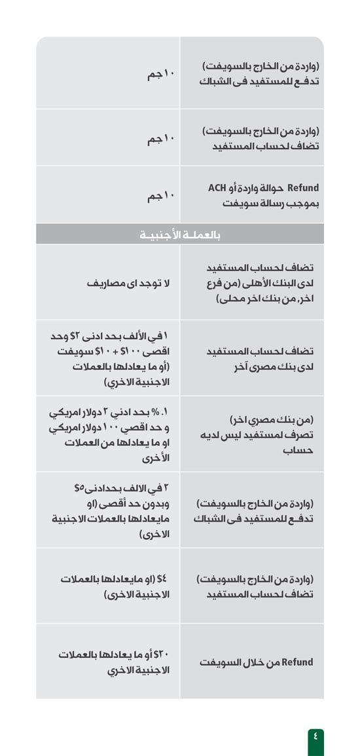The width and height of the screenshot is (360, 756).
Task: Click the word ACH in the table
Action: (x=217, y=189)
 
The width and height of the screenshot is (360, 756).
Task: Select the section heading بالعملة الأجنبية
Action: (x=179, y=234)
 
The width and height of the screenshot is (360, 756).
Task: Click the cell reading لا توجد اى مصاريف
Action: (x=128, y=283)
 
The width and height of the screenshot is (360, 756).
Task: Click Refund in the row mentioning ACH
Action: (x=303, y=189)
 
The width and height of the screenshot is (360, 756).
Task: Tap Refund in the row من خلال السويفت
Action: (x=297, y=662)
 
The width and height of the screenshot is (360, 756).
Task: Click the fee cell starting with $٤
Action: (x=115, y=586)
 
